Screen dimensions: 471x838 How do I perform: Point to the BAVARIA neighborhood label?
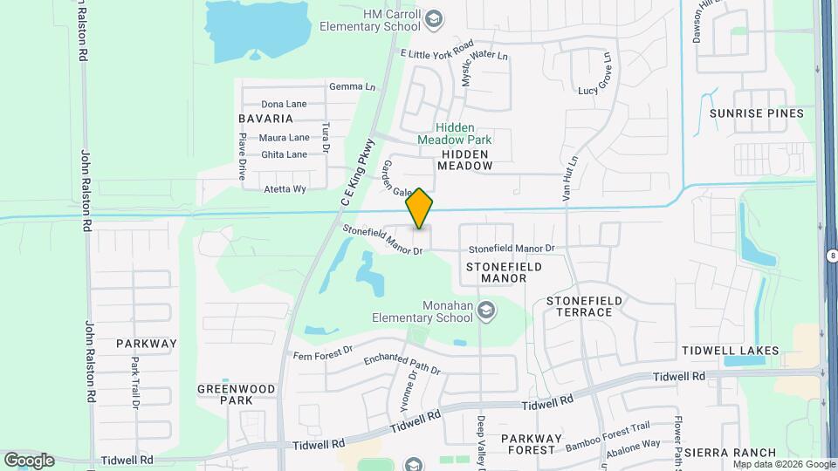pyautogui.click(x=264, y=118)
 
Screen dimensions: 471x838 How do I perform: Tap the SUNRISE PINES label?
pyautogui.click(x=756, y=113)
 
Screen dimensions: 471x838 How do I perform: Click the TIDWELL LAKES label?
pyautogui.click(x=732, y=351)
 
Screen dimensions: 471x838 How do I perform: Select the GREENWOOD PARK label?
pyautogui.click(x=236, y=394)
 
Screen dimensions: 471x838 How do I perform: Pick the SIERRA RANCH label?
pyautogui.click(x=730, y=452)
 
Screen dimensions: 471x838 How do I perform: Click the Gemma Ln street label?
pyautogui.click(x=352, y=87)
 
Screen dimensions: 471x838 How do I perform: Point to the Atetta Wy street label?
pyautogui.click(x=285, y=188)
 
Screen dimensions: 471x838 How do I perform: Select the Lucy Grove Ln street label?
pyautogui.click(x=599, y=90)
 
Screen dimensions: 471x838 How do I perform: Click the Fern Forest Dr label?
pyautogui.click(x=322, y=352)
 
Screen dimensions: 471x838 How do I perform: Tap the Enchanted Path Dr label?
pyautogui.click(x=402, y=365)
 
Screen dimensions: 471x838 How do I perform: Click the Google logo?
pyautogui.click(x=29, y=460)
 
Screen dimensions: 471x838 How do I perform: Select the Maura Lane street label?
pyautogui.click(x=285, y=138)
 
